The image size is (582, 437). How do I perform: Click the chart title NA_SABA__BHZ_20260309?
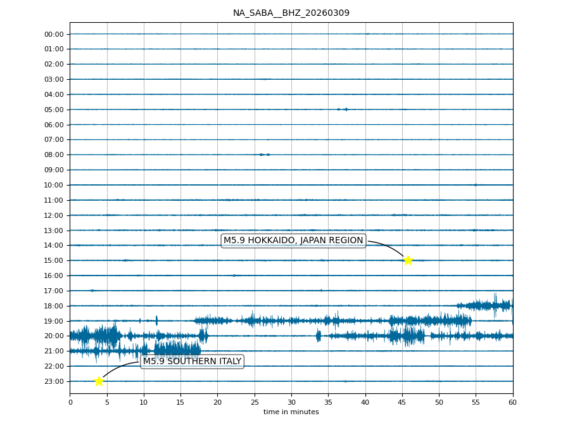291,13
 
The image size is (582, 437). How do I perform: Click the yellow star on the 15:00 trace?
408,260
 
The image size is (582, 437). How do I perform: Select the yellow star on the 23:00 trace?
99,381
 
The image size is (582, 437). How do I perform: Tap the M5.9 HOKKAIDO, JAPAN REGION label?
293,241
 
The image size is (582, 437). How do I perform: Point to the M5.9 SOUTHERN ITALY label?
192,362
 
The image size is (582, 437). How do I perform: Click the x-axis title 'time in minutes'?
291,412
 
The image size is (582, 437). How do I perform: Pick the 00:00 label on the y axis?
54,34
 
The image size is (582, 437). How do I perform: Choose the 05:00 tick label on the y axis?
54,110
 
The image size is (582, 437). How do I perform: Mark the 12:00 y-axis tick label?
54,215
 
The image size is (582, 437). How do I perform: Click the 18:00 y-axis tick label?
54,306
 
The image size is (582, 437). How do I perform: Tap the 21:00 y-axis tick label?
54,351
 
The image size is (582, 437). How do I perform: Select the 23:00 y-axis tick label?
54,381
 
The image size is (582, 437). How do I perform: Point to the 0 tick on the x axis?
70,402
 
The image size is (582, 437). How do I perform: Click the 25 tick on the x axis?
255,402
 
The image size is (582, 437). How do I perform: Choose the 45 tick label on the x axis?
402,402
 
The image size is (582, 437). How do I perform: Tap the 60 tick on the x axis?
512,402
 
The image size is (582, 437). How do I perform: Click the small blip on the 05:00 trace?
343,109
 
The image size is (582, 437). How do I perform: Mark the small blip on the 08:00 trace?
264,155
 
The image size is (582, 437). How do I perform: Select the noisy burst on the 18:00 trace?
488,305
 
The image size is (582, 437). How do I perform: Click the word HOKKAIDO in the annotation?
272,241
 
